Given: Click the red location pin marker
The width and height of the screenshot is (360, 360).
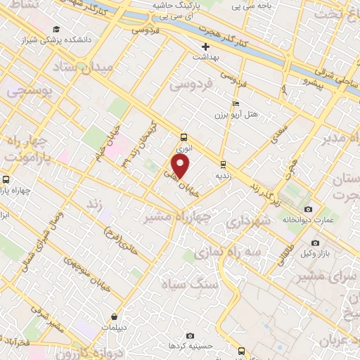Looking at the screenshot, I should coord(181,167).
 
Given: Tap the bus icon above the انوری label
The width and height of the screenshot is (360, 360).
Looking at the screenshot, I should coord(184,138).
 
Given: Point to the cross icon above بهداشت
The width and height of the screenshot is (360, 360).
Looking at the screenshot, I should coord(205,46).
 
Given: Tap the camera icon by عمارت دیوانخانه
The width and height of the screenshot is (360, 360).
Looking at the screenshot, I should coord(308,210).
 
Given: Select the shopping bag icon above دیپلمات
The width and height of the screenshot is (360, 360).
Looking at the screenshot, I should coord(114,316).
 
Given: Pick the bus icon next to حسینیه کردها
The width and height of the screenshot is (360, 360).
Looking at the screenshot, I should coord(242,350).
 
